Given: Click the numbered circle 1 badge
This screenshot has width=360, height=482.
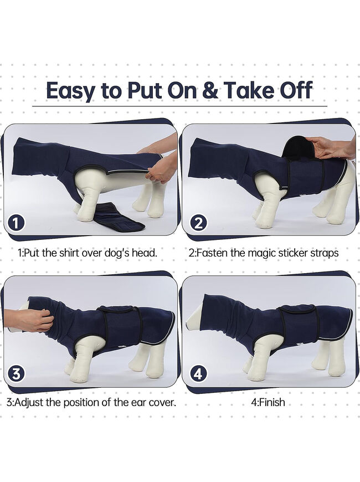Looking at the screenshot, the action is pos(16,223).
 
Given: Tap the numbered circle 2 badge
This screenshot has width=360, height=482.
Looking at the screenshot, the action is pos(199,223).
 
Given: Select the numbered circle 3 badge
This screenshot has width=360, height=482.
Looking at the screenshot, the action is pos(16,374).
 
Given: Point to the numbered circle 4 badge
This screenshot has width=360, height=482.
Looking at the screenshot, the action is pos(199,374).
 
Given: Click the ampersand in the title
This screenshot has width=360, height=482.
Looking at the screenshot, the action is pos(210,90).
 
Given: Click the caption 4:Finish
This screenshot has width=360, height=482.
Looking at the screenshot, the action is pos(268,402).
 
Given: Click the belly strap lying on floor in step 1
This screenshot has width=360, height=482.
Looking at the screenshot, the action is pos(119,217).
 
